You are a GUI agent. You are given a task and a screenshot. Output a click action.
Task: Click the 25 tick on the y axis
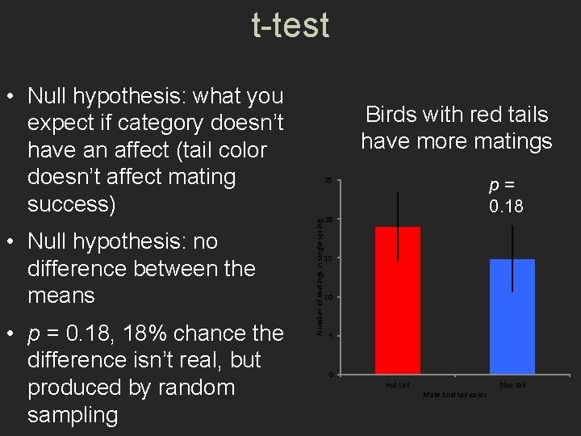click(328, 180)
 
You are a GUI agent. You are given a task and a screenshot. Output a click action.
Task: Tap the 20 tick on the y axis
click(328, 220)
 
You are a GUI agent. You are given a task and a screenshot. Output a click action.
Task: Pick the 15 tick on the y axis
click(328, 258)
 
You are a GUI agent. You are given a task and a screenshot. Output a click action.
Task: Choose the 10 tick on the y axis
click(328, 297)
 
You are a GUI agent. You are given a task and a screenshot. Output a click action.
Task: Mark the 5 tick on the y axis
click(329, 336)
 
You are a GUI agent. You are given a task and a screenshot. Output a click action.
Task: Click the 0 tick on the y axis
click(330, 375)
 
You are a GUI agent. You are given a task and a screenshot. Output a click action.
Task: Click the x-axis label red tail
click(398, 385)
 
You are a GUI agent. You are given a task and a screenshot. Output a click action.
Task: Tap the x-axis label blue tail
click(512, 385)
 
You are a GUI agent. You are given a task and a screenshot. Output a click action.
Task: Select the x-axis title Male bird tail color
click(455, 395)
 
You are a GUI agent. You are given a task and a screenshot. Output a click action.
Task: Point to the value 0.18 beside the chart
click(506, 208)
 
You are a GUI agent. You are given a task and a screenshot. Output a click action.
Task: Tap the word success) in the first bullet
click(72, 203)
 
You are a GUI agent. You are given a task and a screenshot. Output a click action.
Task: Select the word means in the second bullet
click(61, 296)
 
